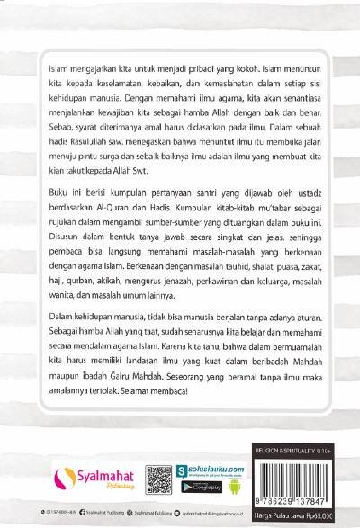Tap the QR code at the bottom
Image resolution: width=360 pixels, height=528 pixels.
click(x=159, y=474)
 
